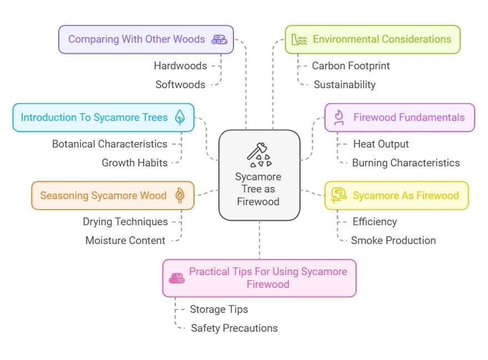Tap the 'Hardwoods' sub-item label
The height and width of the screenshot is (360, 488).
pyautogui.click(x=180, y=65)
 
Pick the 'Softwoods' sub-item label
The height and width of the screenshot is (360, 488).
pyautogui.click(x=180, y=84)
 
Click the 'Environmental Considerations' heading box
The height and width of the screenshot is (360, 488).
pyautogui.click(x=373, y=39)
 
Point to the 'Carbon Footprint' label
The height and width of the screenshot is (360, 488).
pyautogui.click(x=350, y=65)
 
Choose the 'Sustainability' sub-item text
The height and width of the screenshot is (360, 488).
pyautogui.click(x=344, y=84)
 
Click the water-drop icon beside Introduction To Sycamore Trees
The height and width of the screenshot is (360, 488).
pyautogui.click(x=180, y=117)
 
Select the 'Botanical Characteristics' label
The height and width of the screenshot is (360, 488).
pyautogui.click(x=109, y=144)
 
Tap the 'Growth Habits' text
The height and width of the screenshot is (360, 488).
pyautogui.click(x=134, y=163)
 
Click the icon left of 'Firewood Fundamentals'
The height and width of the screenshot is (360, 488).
pyautogui.click(x=338, y=117)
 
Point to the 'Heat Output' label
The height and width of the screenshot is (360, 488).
pyautogui.click(x=380, y=144)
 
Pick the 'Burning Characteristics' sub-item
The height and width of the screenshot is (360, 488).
pyautogui.click(x=406, y=163)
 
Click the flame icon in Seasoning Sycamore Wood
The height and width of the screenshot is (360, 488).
pyautogui.click(x=180, y=195)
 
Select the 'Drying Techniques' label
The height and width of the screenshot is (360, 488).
pyautogui.click(x=125, y=221)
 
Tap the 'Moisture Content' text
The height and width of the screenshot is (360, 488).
pyautogui.click(x=125, y=240)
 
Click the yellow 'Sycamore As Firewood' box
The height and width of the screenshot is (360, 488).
pyautogui.click(x=396, y=195)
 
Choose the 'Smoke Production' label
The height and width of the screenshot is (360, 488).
pyautogui.click(x=393, y=240)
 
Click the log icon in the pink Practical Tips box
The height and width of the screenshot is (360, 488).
pyautogui.click(x=176, y=278)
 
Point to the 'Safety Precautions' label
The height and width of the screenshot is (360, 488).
pyautogui.click(x=234, y=328)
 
